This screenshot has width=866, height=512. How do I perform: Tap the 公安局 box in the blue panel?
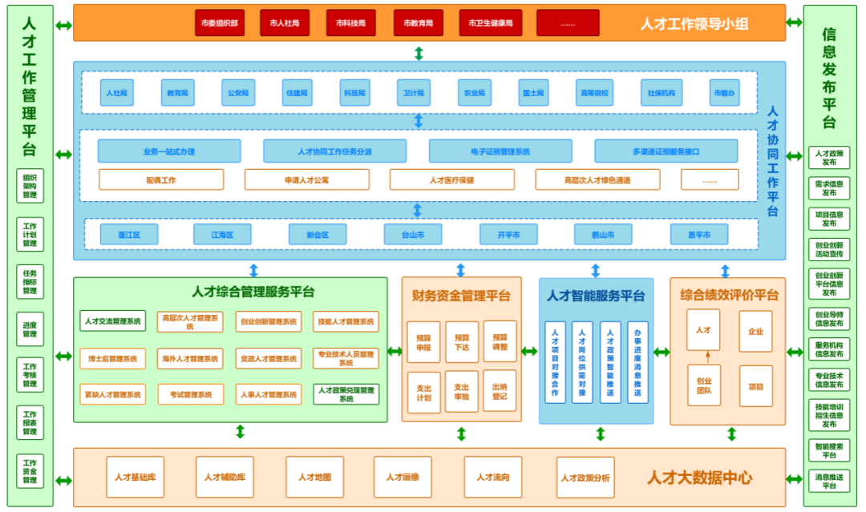click(238, 93)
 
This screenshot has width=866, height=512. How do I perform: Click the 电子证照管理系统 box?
click(500, 151)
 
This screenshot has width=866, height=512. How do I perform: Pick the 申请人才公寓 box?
click(306, 180)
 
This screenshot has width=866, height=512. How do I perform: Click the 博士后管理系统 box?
click(113, 359)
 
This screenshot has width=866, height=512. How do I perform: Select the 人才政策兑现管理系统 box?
click(346, 394)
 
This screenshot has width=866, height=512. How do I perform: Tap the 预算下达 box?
click(462, 342)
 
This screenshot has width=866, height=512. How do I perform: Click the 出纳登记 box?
click(500, 391)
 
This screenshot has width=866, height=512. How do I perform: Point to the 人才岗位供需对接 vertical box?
click(583, 362)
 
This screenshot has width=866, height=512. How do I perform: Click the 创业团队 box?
click(704, 386)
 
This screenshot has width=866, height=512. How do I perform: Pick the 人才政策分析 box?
click(585, 478)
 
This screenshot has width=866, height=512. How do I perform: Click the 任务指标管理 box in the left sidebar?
click(30, 281)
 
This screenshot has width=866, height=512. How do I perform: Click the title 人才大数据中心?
click(699, 478)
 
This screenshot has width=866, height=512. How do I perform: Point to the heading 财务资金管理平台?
click(461, 296)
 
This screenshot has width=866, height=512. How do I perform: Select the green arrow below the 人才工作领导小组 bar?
click(419, 54)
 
